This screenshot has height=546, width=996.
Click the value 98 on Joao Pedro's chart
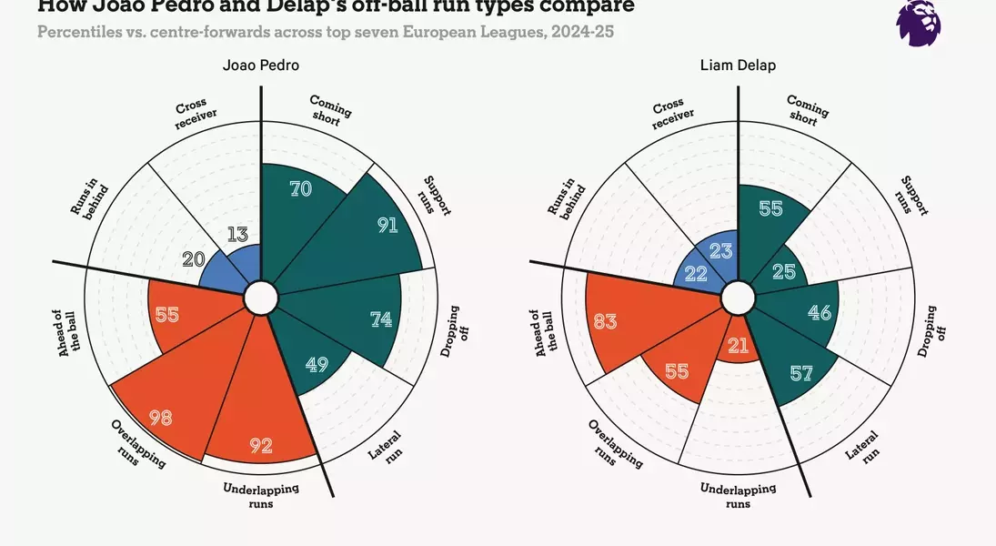[162, 418]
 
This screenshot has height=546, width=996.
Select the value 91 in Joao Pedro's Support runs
[387, 225]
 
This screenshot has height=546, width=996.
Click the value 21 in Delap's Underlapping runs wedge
[737, 346]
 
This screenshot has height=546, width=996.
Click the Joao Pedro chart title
[261, 66]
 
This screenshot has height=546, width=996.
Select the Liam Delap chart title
[738, 66]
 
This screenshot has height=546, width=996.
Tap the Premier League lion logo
[918, 22]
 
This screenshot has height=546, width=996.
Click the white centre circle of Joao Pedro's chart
[261, 297]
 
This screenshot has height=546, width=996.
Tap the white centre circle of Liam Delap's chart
[738, 297]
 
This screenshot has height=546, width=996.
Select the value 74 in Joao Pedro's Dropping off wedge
[381, 319]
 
